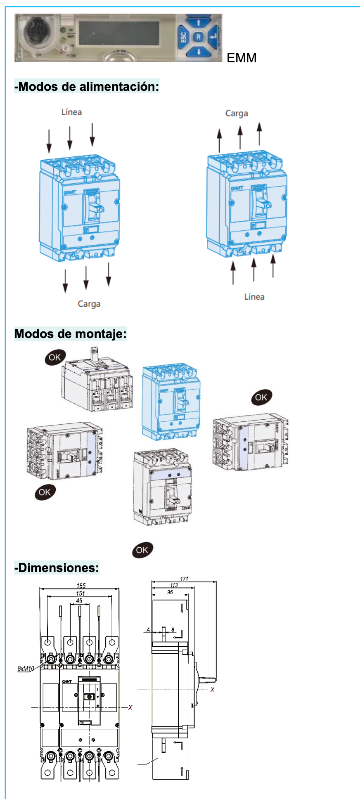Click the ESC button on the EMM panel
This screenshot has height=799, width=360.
point(184,38)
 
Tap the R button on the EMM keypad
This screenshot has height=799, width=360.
point(199,37)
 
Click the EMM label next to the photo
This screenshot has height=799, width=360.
point(242,58)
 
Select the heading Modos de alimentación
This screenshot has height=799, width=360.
point(87,86)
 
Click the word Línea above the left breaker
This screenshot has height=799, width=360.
point(71,112)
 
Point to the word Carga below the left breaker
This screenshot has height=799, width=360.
point(89,304)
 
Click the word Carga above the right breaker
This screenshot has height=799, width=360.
point(237,113)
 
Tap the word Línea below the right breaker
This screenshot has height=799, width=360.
point(254,297)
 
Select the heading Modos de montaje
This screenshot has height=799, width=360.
point(70,333)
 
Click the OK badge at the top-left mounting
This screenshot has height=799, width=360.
point(55,357)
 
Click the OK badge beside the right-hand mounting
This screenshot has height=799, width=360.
point(261,397)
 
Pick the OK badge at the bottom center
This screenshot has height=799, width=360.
point(142,550)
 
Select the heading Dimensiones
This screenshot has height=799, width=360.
point(57,567)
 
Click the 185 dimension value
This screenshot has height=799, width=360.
point(81,585)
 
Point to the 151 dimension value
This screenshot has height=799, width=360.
point(80,593)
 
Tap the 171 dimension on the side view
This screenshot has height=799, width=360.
point(184,579)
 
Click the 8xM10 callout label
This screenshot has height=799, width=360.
point(26,668)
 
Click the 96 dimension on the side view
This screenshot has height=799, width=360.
point(170,592)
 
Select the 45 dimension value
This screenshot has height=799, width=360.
point(79,600)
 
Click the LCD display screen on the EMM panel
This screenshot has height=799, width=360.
point(119,33)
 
